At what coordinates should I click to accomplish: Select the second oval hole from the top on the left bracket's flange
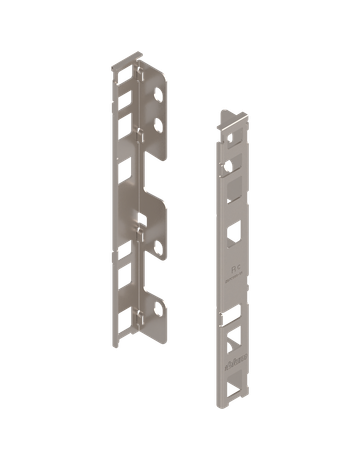click(158, 127)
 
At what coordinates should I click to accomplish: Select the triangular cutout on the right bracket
click(233, 340)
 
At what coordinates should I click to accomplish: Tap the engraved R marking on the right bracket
click(234, 271)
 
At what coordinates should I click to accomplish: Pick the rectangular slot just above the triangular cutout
click(233, 320)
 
